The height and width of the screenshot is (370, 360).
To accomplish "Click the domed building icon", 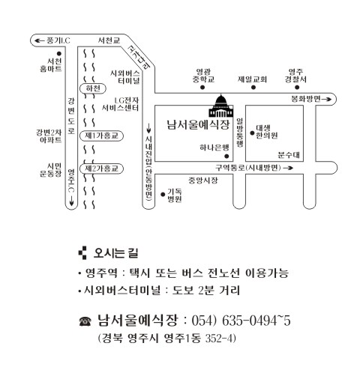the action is point(221,106).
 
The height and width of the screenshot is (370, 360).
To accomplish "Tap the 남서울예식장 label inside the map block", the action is point(198,124).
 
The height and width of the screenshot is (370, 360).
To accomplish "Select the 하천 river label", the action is point(93,88).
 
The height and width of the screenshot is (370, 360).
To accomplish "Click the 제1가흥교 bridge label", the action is point(101,136).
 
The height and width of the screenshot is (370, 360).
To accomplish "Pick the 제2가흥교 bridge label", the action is point(101,169).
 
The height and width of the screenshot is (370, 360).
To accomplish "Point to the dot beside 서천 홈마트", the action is point(59,53).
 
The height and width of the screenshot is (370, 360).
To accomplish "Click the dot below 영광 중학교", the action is point(202,88).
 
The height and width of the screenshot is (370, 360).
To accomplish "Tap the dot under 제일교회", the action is point(253,88).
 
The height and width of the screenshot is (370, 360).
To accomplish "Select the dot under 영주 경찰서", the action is point(297,88).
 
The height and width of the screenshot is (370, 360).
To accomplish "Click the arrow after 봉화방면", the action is point(326,100).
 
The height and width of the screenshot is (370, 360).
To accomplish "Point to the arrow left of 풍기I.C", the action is point(40,40).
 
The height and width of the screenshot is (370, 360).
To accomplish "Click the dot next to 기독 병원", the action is point(163,194).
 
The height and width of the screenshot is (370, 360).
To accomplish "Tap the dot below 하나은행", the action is point(226,157).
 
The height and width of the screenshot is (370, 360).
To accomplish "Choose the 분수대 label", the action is point(289,155).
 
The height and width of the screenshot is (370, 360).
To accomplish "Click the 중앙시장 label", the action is point(203,180).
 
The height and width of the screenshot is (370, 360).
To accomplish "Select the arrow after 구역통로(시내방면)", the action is point(288,168).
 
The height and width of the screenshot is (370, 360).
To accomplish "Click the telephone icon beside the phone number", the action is point(85,321).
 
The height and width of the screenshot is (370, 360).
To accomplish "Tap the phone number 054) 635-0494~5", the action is point(241,321).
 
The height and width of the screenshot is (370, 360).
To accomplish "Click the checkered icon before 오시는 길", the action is point(82,253).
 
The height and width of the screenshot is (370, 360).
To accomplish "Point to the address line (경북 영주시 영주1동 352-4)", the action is point(167,339).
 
